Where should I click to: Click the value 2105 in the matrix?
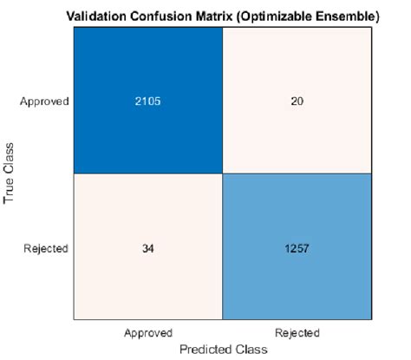click(x=149, y=101)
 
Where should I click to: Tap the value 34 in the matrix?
click(x=149, y=248)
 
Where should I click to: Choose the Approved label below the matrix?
click(x=149, y=332)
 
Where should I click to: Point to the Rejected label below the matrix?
click(x=297, y=332)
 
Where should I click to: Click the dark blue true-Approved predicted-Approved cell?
click(x=149, y=69)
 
